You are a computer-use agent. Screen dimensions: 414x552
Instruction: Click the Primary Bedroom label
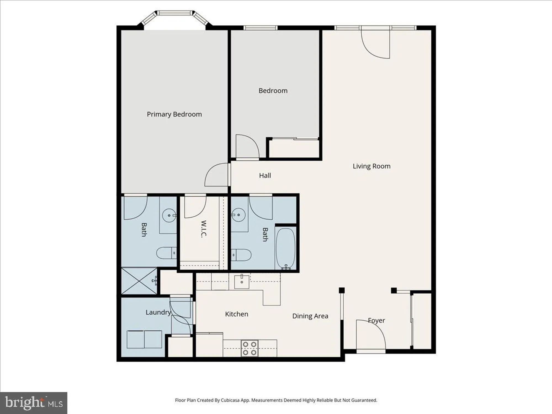[x=174, y=114]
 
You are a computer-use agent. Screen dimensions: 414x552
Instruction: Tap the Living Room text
[x=371, y=166]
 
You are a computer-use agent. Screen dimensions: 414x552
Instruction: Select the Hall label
[x=265, y=176]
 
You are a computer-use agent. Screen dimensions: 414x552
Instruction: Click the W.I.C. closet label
[x=203, y=229]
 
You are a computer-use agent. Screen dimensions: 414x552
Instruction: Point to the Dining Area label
[x=310, y=316]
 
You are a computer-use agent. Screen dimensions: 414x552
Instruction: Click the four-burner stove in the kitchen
[x=250, y=348]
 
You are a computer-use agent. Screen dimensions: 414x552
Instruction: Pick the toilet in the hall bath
[x=241, y=255]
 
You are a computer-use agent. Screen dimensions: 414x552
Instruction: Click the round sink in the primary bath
[x=169, y=216]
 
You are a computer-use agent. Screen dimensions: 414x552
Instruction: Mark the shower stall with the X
[x=139, y=281]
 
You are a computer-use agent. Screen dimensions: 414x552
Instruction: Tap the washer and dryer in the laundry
[x=144, y=339]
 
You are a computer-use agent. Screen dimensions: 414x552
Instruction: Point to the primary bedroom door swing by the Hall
[x=217, y=175]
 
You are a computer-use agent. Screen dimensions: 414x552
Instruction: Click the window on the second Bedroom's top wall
[x=260, y=28]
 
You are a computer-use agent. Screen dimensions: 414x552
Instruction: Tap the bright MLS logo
[x=33, y=403]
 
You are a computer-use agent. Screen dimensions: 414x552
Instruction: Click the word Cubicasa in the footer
[x=232, y=400]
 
